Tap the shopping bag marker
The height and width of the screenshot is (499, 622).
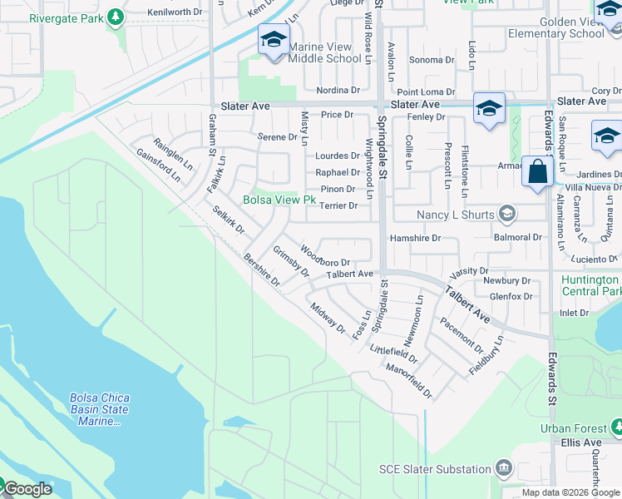point(538,171)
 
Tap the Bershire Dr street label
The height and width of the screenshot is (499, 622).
point(262,271)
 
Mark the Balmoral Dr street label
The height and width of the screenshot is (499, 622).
point(517,238)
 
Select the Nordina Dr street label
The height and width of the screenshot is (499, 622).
point(337,90)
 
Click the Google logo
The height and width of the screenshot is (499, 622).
point(27,489)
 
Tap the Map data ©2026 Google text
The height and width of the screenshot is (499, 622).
point(570,492)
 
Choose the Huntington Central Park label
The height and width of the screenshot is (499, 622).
point(590,286)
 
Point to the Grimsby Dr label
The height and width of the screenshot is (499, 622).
point(291,261)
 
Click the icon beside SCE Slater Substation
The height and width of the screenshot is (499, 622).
point(504,468)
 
